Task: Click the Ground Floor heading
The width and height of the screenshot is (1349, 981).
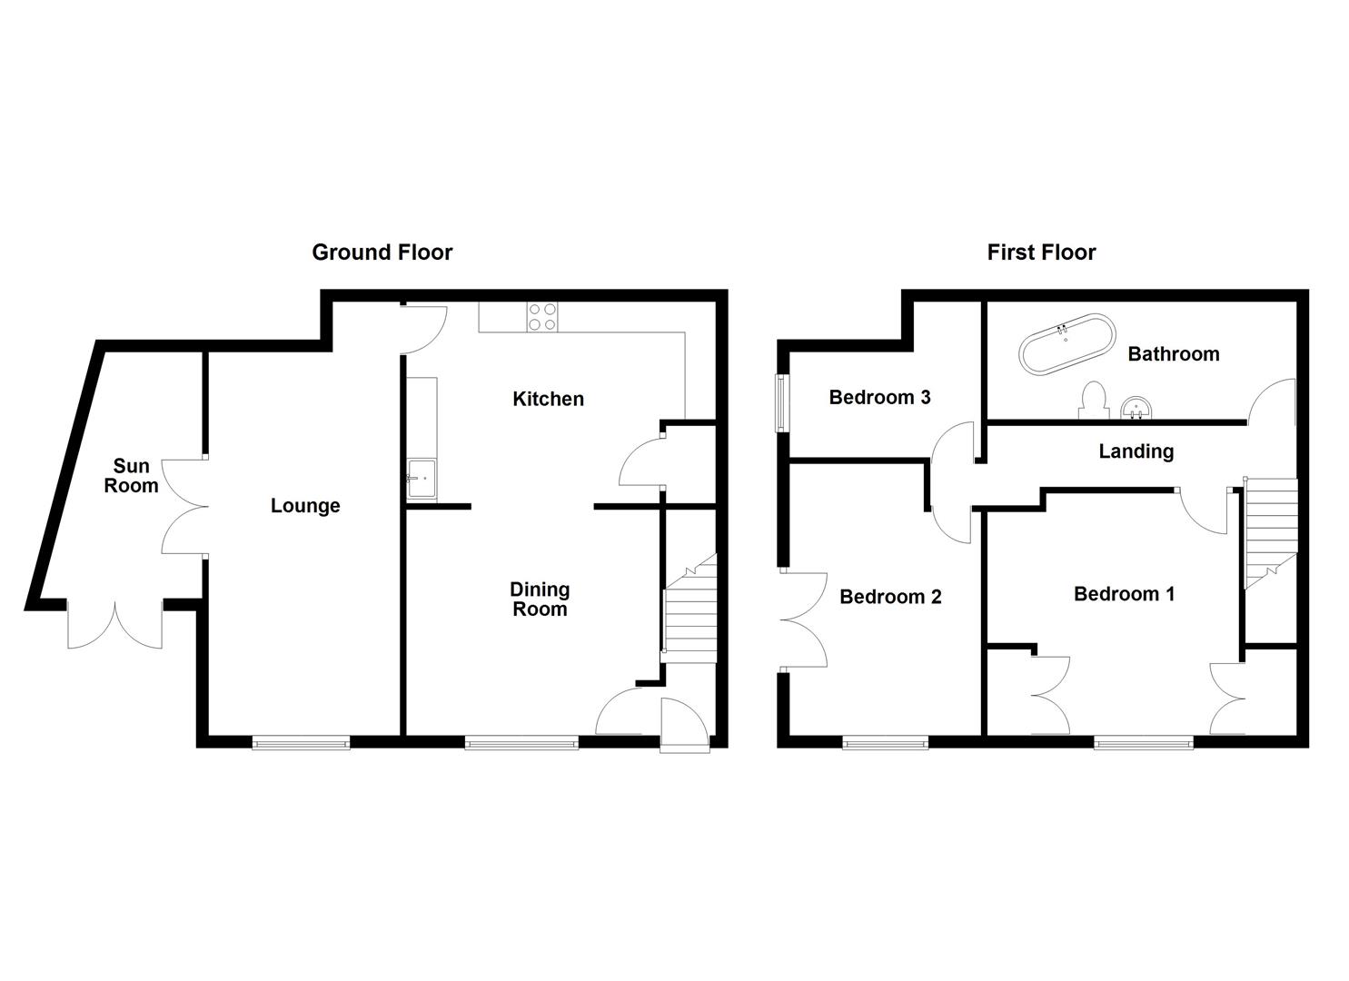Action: (x=382, y=253)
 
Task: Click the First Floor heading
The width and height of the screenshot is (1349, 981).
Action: (x=1041, y=253)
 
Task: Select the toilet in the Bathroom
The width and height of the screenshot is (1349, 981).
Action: (x=1094, y=401)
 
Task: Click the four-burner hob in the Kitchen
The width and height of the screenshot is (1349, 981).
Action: (x=542, y=316)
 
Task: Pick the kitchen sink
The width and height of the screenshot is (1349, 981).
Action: (x=421, y=479)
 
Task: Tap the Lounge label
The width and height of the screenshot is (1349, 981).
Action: (x=305, y=506)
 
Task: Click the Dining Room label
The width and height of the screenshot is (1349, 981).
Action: (x=540, y=599)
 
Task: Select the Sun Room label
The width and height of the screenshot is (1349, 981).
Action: (x=131, y=476)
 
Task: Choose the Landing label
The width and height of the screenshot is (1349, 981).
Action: (x=1136, y=451)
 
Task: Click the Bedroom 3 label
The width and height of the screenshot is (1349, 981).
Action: (x=879, y=397)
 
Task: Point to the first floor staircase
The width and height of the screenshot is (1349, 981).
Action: (x=1270, y=532)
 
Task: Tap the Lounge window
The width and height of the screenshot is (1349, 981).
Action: (x=301, y=743)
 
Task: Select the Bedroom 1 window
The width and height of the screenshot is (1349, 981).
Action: (x=1144, y=743)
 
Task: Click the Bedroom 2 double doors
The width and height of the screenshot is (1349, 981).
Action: (x=804, y=621)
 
